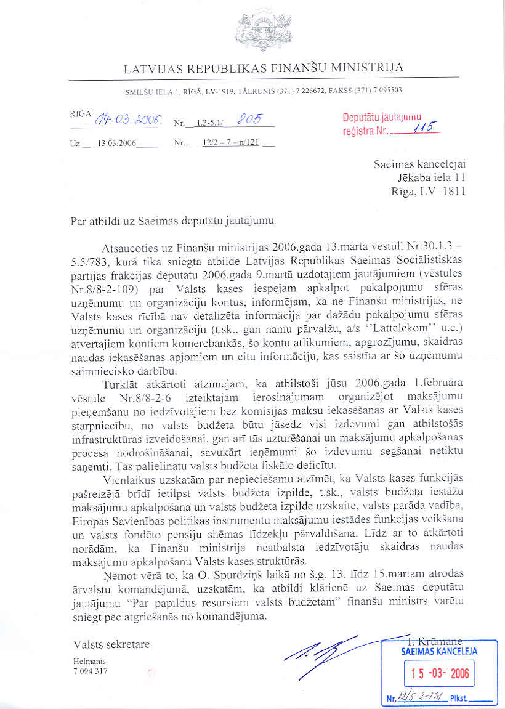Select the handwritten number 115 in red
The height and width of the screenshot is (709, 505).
coord(424,128)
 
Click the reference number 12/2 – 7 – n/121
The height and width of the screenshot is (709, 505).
coord(230,144)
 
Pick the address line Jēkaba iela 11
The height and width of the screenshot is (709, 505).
coord(432,178)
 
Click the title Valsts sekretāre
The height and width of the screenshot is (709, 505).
coord(111,645)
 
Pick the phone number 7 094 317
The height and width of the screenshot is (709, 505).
coord(91,671)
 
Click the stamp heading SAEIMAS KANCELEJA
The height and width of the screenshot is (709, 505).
coord(439,651)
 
